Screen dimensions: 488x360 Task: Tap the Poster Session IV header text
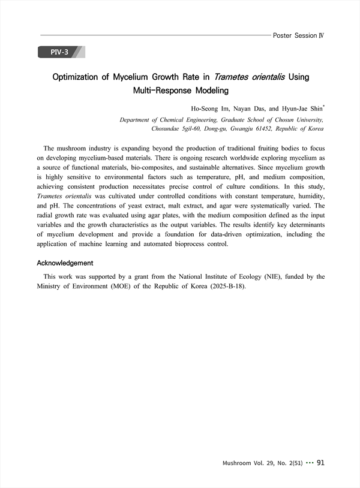[298, 35]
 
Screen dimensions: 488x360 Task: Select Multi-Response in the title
[158, 91]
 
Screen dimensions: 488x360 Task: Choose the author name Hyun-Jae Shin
[302, 109]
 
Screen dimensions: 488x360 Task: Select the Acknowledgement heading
[65, 263]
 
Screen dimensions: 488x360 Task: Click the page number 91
[320, 463]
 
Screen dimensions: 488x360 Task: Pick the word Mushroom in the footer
[238, 463]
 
